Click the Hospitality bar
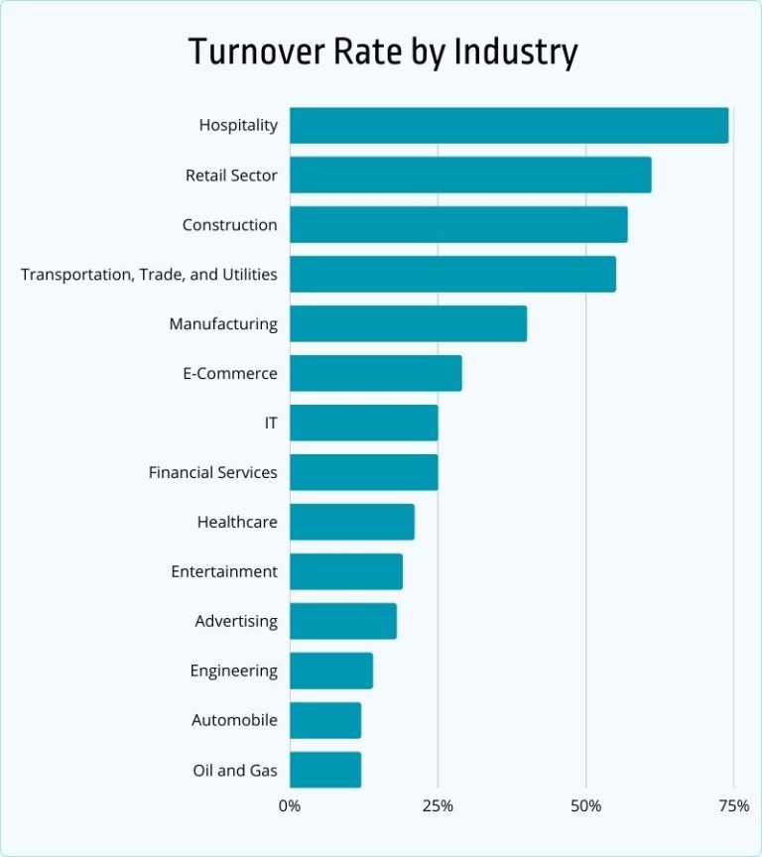tap(509, 126)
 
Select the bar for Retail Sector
tap(470, 176)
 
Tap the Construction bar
tap(458, 225)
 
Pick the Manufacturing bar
tap(408, 324)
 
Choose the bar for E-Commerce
tap(375, 374)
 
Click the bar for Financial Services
tap(363, 473)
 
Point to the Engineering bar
tap(331, 672)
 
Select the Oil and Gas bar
tap(325, 770)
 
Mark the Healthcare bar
tap(351, 523)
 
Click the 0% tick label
tap(290, 805)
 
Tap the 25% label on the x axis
tap(438, 805)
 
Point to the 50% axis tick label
tap(585, 805)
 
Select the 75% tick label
tap(733, 805)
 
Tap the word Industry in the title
tap(515, 52)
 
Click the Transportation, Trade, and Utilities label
tap(149, 275)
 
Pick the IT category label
tap(270, 424)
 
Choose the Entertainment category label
tap(224, 572)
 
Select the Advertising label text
tap(236, 622)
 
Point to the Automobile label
tap(234, 721)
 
